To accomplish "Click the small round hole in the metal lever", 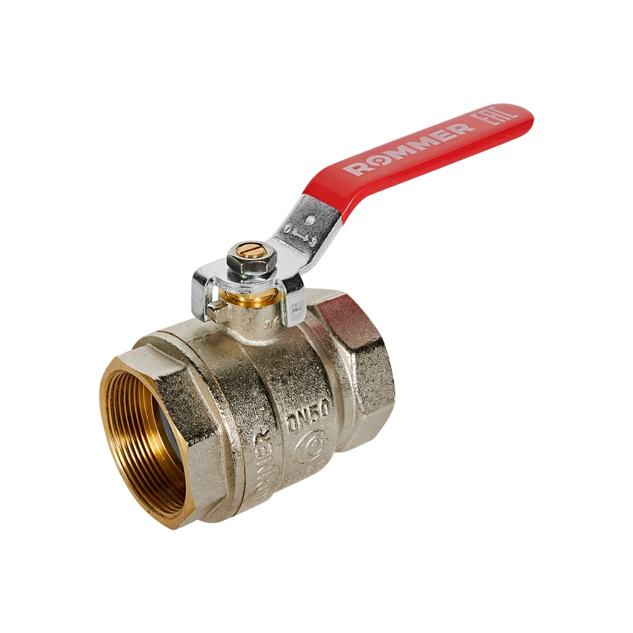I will pos(309,221).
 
